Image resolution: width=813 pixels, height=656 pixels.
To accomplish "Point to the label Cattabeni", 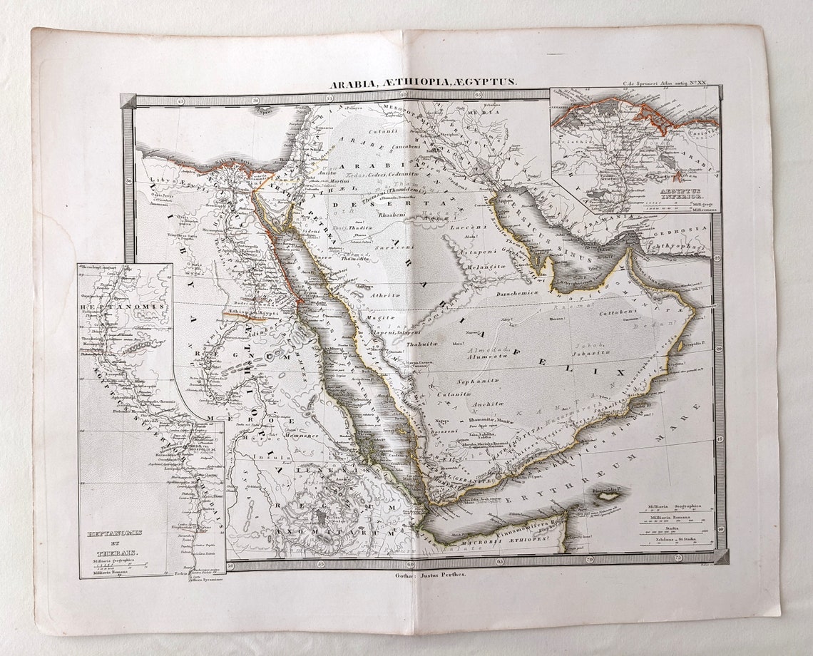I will click(618, 312).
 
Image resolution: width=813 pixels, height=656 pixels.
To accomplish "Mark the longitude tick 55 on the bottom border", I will click(321, 563).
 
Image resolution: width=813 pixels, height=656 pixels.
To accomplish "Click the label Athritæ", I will click(382, 294).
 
